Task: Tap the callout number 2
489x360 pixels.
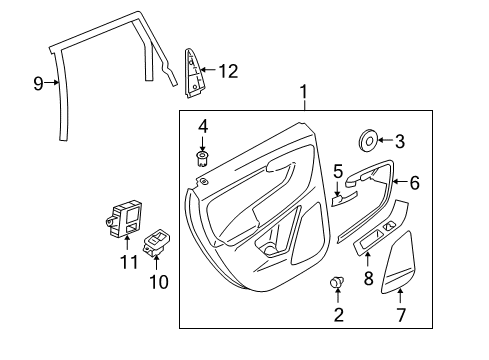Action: pyautogui.click(x=337, y=315)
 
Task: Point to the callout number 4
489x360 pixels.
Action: pyautogui.click(x=203, y=127)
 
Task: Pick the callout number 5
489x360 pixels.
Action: pyautogui.click(x=338, y=171)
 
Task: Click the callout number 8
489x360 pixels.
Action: pyautogui.click(x=368, y=277)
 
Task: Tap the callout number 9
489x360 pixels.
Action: pyautogui.click(x=38, y=84)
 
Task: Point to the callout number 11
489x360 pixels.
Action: pyautogui.click(x=126, y=263)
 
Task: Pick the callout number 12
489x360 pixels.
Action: pyautogui.click(x=228, y=70)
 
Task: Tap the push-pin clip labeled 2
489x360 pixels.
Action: pyautogui.click(x=337, y=285)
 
